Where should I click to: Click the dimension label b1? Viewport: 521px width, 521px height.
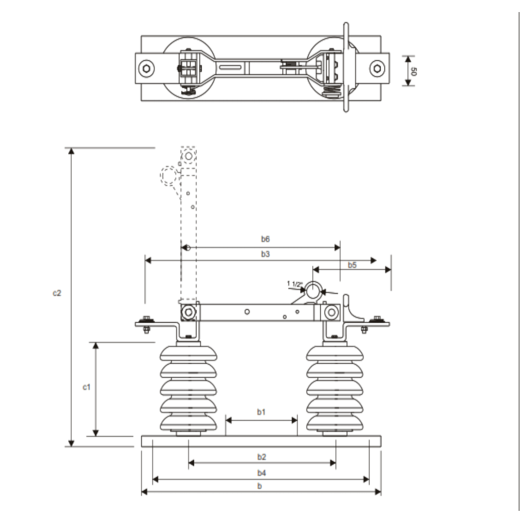tap(261, 412)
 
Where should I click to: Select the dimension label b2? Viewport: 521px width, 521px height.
tap(261, 455)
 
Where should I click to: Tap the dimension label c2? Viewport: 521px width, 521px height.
tap(57, 293)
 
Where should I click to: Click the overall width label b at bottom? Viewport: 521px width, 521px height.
tap(260, 486)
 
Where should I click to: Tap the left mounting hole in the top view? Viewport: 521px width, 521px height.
tap(146, 68)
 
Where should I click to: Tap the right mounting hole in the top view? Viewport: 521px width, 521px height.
tap(377, 68)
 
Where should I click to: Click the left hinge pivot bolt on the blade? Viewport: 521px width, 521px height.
tap(189, 313)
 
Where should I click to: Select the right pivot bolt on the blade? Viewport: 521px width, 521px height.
tap(331, 313)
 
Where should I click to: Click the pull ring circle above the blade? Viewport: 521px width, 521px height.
tap(313, 291)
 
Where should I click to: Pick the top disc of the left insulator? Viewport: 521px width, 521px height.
tap(188, 353)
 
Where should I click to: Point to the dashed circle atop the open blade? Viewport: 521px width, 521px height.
tap(189, 156)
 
